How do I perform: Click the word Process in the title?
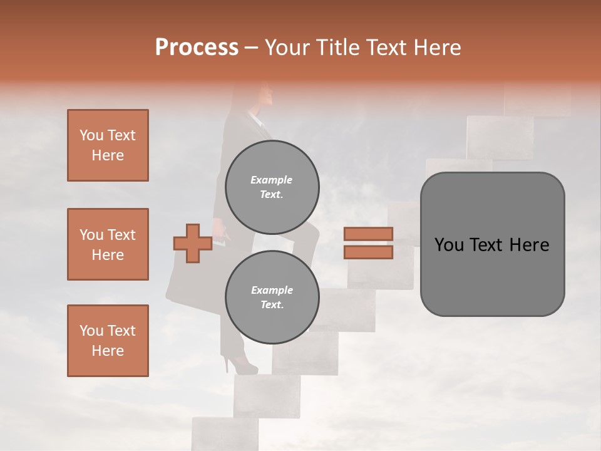[x=197, y=48]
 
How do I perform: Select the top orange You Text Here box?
[x=108, y=145]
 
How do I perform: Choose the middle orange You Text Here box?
[x=108, y=244]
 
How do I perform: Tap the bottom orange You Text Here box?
[x=108, y=341]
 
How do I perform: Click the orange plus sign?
[x=192, y=244]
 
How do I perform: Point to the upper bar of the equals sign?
[x=368, y=234]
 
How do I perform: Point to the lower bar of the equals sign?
[x=368, y=252]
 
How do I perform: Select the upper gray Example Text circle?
[x=272, y=187]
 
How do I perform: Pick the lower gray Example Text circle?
[x=272, y=298]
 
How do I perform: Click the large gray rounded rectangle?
[x=492, y=244]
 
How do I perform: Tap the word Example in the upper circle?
[x=272, y=180]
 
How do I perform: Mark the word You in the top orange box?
[x=91, y=135]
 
